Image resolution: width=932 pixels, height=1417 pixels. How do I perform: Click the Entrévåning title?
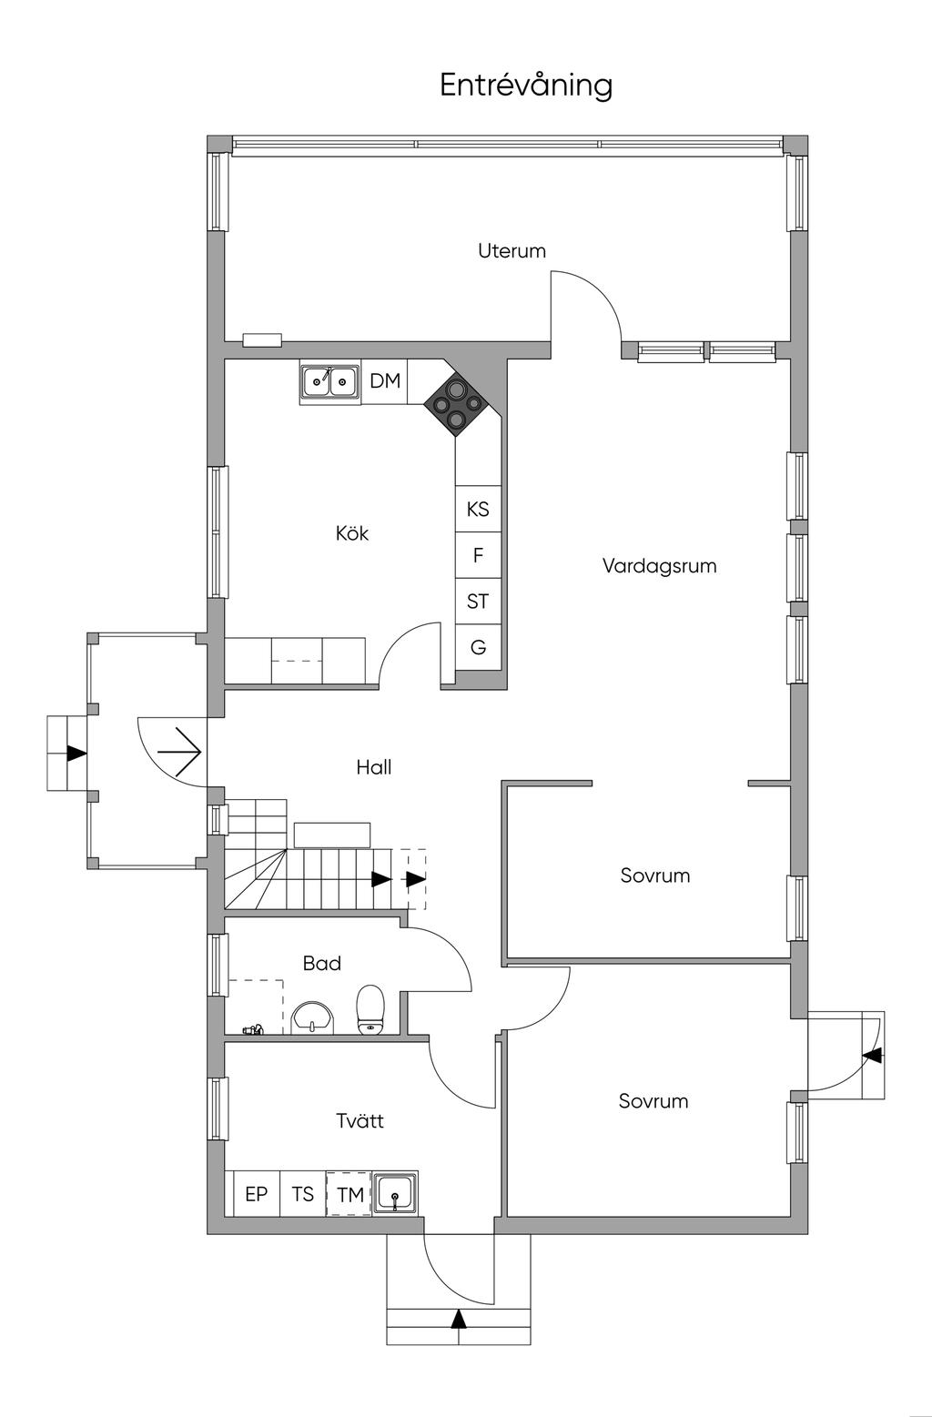point(526,85)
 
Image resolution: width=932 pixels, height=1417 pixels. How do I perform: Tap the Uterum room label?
point(512,250)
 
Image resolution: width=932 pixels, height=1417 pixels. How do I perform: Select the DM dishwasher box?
point(385,381)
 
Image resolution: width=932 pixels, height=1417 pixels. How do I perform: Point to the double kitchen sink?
point(329,381)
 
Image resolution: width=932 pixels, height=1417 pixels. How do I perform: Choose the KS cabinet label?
point(478,509)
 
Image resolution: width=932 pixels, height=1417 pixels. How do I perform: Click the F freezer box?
point(478,555)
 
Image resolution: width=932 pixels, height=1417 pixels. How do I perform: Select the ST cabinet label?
point(478,602)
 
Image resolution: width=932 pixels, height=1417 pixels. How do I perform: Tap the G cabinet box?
point(478,648)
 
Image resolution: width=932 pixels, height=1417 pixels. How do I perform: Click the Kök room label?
point(352,533)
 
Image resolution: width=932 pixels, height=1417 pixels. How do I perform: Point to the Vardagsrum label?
point(659,566)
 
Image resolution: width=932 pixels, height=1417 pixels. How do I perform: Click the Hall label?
point(374,767)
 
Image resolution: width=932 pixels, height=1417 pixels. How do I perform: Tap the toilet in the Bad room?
point(370,1009)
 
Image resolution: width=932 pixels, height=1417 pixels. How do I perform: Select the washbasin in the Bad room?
point(314,1017)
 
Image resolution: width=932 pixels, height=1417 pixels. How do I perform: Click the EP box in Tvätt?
point(257,1194)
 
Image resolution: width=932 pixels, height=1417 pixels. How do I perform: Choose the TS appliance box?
point(303,1194)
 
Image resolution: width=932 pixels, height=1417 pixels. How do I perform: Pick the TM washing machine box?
point(350,1194)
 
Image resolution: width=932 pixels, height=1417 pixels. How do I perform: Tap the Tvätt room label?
point(360,1120)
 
